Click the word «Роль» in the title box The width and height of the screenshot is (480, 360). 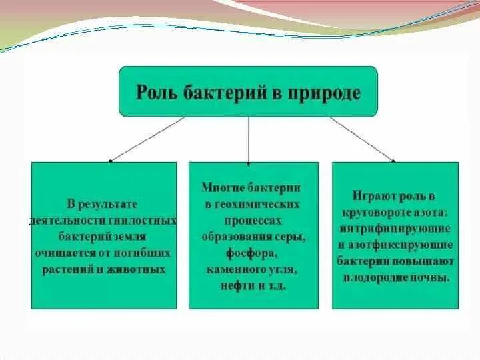pos(155,92)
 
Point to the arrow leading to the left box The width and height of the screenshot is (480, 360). pos(147,139)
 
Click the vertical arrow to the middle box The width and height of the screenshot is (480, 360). pos(248,140)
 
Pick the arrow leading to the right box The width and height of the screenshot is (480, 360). pos(361,139)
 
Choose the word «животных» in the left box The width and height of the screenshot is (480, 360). pos(141,270)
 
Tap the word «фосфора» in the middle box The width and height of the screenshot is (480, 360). pos(247,253)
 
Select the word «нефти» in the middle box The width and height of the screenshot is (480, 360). pos(231,286)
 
